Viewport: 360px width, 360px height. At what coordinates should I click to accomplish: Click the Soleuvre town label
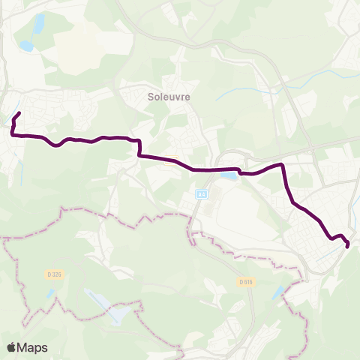(x=163, y=97)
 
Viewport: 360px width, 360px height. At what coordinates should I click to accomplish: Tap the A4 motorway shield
(x=201, y=194)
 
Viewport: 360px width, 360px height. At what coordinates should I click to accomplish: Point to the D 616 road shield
(x=244, y=282)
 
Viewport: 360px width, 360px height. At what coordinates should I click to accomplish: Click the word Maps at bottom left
(x=33, y=347)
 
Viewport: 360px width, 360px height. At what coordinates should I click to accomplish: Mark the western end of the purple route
(x=19, y=113)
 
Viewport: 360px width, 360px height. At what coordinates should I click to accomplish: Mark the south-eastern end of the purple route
(x=347, y=245)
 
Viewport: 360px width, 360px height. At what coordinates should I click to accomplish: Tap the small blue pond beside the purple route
(x=226, y=177)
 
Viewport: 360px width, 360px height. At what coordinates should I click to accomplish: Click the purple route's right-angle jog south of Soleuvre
(x=139, y=148)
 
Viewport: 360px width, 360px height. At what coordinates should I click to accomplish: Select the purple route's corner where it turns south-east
(x=282, y=165)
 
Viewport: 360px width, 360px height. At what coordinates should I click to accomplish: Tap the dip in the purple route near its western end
(x=56, y=145)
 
